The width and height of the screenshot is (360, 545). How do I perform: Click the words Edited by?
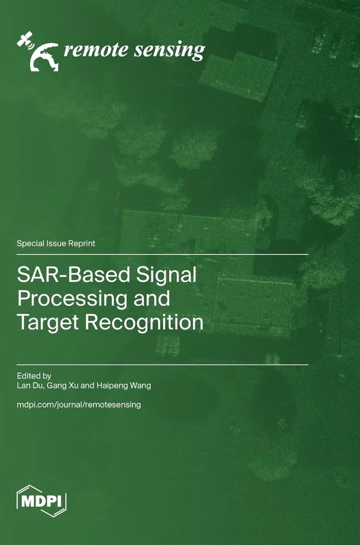[33, 375]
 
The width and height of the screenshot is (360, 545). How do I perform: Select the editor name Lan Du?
[31, 386]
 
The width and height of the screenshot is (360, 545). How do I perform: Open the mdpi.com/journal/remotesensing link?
[78, 405]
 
